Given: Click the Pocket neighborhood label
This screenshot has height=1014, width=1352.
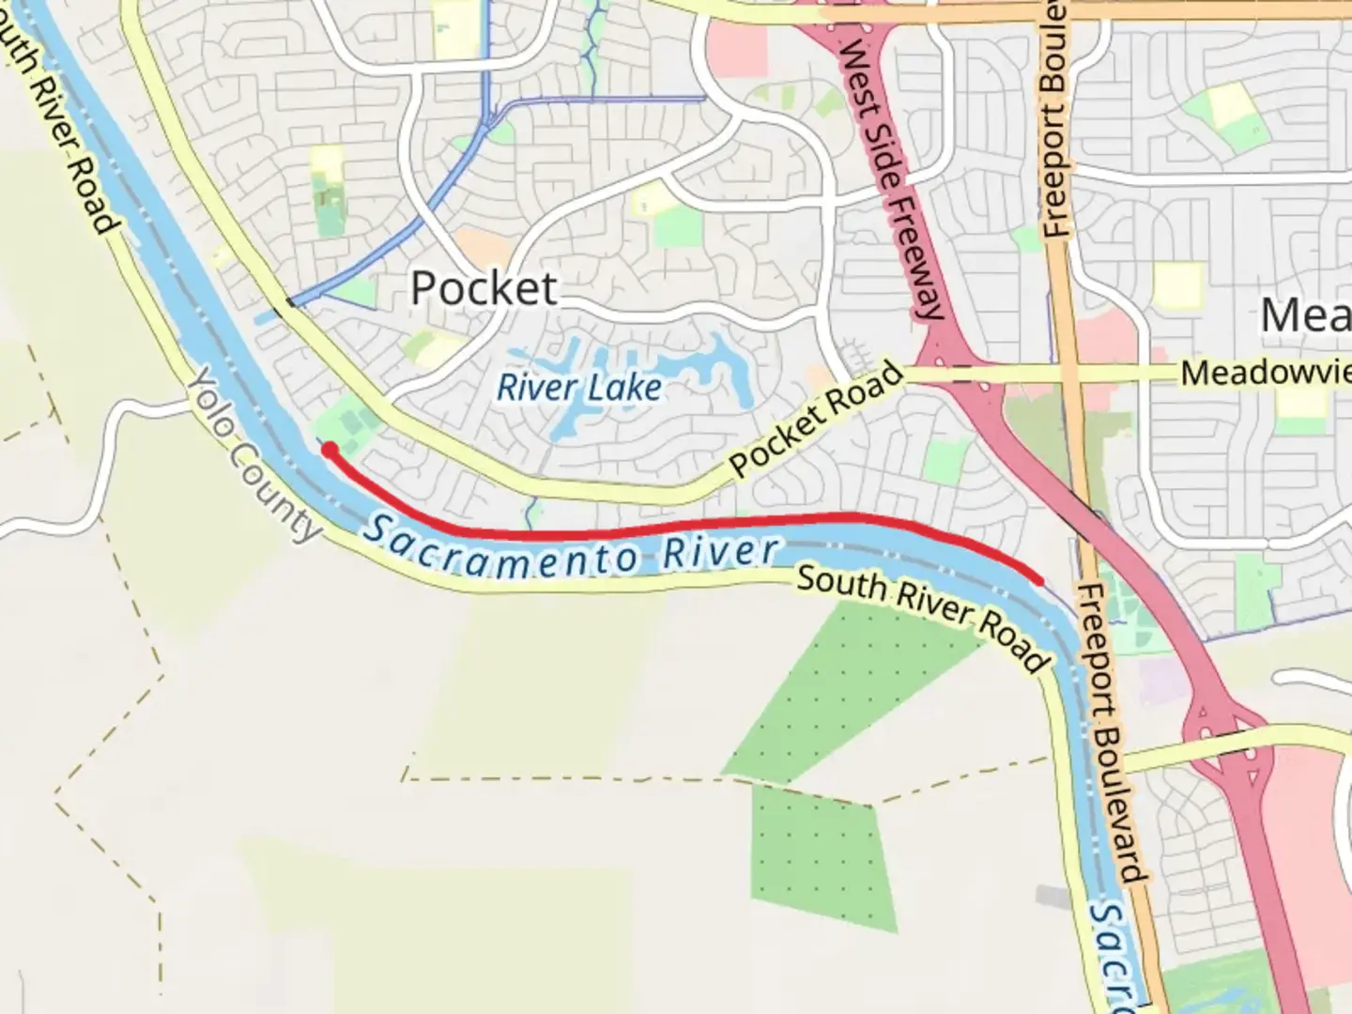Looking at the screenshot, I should (x=484, y=288).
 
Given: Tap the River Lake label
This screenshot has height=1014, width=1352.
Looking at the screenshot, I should (x=578, y=387).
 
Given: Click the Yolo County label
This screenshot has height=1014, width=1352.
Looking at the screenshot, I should (x=254, y=455).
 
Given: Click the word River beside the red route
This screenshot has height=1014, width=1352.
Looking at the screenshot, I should (x=721, y=552).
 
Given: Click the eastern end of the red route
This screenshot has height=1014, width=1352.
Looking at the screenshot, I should (x=1039, y=581).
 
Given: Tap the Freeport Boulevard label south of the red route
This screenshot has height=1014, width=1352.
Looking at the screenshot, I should (x=1113, y=732).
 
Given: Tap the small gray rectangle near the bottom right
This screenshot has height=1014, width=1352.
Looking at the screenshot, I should (x=1053, y=896).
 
